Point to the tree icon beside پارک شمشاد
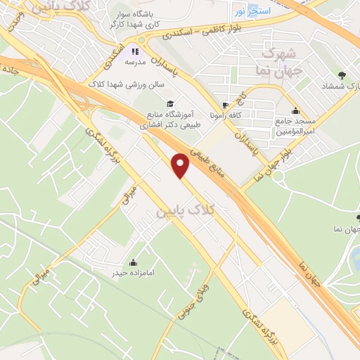342,75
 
